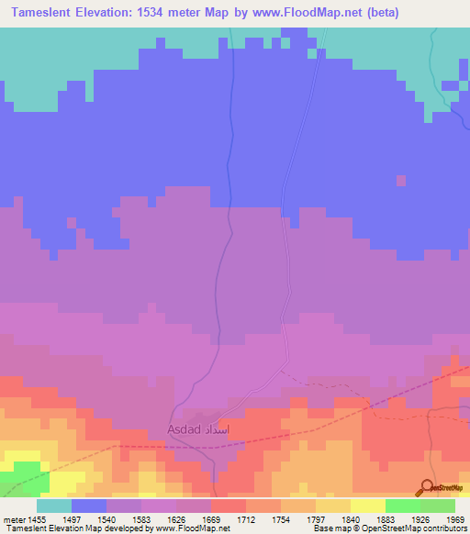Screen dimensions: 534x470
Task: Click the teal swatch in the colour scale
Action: (x=54, y=506)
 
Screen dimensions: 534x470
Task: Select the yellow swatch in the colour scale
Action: (x=368, y=506)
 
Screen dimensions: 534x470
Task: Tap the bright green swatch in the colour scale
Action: (x=403, y=506)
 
